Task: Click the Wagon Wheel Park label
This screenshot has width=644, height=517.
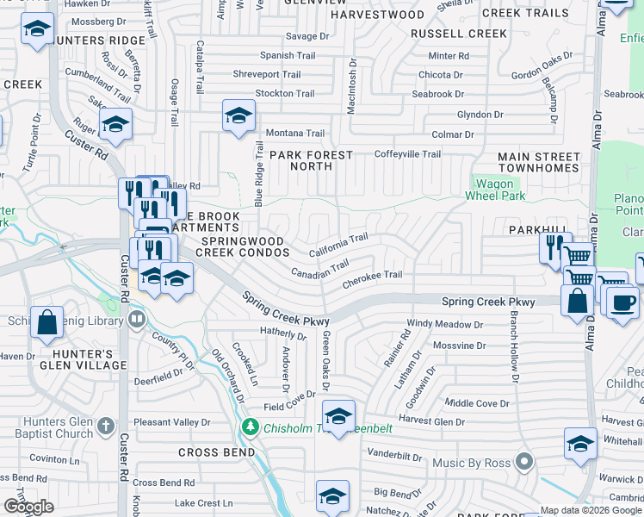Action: [x=494, y=190]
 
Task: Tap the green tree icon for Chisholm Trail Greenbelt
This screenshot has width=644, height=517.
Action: [x=250, y=427]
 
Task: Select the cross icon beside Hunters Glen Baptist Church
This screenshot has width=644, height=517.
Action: [x=105, y=426]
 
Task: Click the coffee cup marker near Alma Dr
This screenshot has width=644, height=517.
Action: [x=623, y=303]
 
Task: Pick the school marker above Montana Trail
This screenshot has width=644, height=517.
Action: [x=238, y=115]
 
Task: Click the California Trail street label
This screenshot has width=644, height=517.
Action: [x=338, y=245]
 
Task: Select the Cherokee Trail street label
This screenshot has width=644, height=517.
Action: [x=372, y=276]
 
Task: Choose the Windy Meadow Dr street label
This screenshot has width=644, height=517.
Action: [x=444, y=325]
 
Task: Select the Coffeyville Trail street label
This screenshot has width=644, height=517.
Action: [x=406, y=154]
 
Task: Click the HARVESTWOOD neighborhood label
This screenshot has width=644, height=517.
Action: [x=377, y=15]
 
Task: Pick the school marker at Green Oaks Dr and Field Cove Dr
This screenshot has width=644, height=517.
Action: [x=338, y=416]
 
